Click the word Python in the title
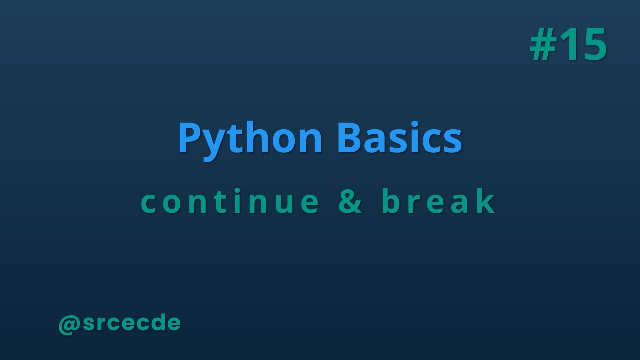point(250,139)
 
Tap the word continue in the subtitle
point(230,201)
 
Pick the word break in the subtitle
point(439,201)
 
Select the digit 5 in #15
point(593,45)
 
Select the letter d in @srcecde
point(154,323)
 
